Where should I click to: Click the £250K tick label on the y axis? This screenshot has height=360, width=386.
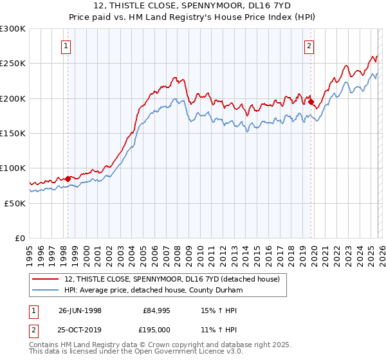[13, 64]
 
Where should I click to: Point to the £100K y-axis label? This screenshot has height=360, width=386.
[13, 168]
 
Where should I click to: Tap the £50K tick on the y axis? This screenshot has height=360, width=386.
[15, 203]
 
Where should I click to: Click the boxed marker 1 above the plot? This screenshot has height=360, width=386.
[67, 46]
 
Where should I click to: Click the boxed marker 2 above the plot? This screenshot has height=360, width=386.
[309, 46]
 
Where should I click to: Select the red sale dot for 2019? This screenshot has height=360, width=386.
[311, 102]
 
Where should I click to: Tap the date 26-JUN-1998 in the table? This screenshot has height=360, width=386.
[80, 310]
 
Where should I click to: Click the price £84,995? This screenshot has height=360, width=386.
[157, 310]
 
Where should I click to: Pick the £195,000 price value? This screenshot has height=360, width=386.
[155, 329]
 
